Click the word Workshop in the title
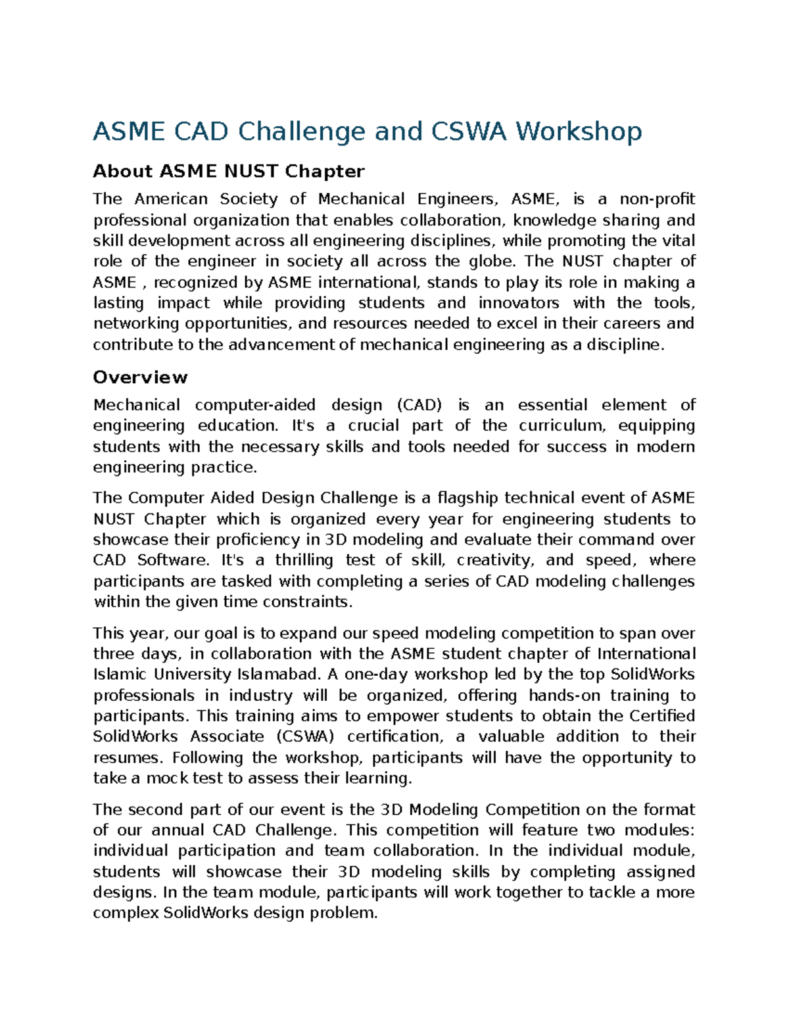point(578,131)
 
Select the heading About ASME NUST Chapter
point(228,172)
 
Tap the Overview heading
point(140,377)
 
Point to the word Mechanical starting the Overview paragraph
point(136,405)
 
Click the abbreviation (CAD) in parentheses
point(419,405)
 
